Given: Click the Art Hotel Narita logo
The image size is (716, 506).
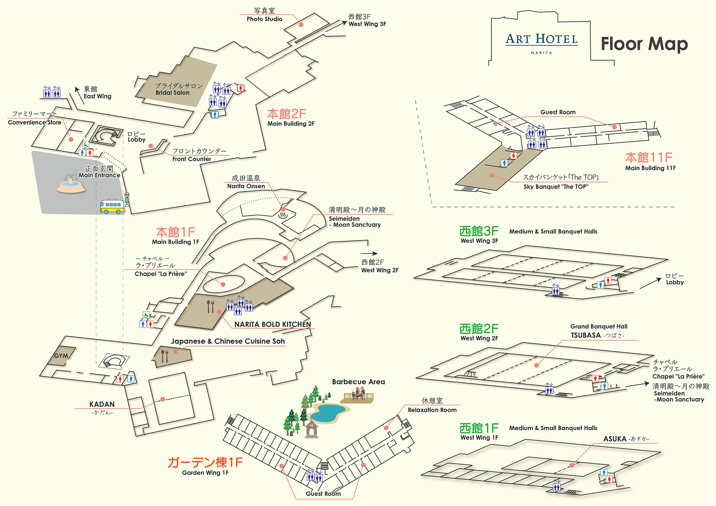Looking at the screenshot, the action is pos(541,43).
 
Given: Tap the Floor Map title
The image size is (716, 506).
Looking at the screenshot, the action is pos(644,44).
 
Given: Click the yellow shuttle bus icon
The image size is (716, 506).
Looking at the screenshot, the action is pos(112,206).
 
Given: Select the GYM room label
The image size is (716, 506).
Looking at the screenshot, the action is pos(61,356).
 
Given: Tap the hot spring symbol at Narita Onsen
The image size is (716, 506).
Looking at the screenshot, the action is pos(283,215).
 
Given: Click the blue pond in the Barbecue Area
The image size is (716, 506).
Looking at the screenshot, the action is pos(328,413).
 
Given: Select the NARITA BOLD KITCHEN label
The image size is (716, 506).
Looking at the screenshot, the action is pos(273,324).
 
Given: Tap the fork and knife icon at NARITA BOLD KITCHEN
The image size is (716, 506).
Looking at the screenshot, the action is pos(210,306).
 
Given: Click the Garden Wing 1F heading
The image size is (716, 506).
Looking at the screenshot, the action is pos(205,466).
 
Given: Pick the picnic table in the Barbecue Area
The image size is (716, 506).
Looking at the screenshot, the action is pos(358,396).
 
